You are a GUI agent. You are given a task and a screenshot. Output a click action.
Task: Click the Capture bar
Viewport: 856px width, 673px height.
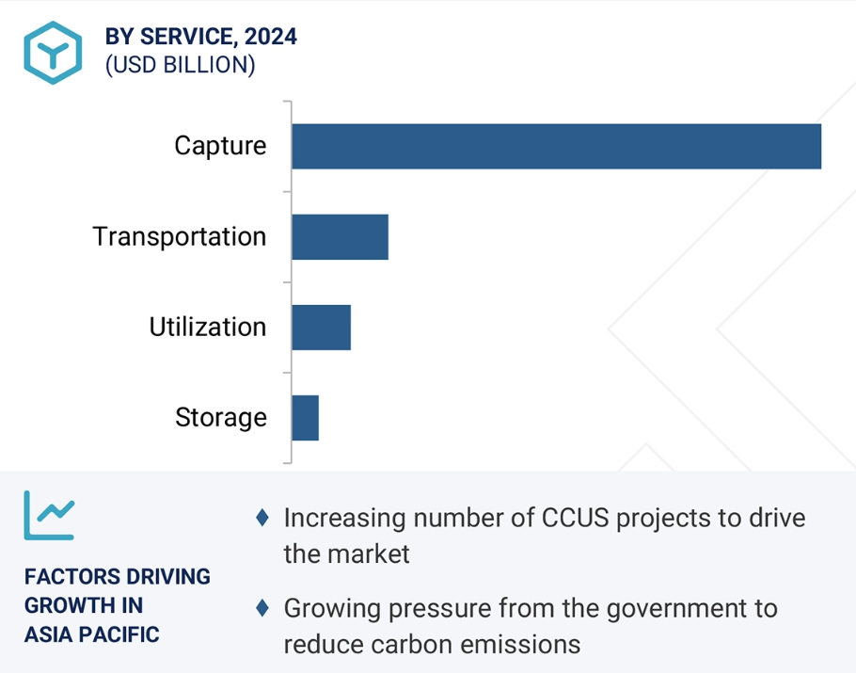coord(556,147)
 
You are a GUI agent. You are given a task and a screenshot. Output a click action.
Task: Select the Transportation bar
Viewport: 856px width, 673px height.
coord(341,237)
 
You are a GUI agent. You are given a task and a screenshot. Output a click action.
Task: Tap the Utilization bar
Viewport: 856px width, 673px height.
coord(321,328)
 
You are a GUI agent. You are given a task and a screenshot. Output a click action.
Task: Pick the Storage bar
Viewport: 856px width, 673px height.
coord(305,418)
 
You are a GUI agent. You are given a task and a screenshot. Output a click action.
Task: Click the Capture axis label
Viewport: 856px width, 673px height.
coord(220,147)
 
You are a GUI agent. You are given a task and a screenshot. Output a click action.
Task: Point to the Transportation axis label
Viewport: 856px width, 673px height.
coord(180,237)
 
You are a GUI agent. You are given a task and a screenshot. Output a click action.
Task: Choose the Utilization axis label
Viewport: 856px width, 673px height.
coord(208,328)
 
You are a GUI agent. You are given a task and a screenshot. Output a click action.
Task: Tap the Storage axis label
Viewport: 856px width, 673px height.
coord(221,418)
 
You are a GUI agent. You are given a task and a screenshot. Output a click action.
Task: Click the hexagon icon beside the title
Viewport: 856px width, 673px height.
coord(53,53)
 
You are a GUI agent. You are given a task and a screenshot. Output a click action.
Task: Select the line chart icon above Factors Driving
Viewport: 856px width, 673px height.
coord(49,515)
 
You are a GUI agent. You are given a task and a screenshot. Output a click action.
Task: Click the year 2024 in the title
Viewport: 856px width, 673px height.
coord(271,37)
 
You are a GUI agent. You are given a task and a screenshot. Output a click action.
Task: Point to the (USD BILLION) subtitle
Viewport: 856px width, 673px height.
coord(181,65)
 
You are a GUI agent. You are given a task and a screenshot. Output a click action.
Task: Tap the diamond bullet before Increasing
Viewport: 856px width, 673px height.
coord(262,518)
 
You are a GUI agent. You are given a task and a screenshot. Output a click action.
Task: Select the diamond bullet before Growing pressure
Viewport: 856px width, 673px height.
coord(262,608)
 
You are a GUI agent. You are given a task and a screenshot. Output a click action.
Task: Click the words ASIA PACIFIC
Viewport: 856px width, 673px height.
coord(92,634)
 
